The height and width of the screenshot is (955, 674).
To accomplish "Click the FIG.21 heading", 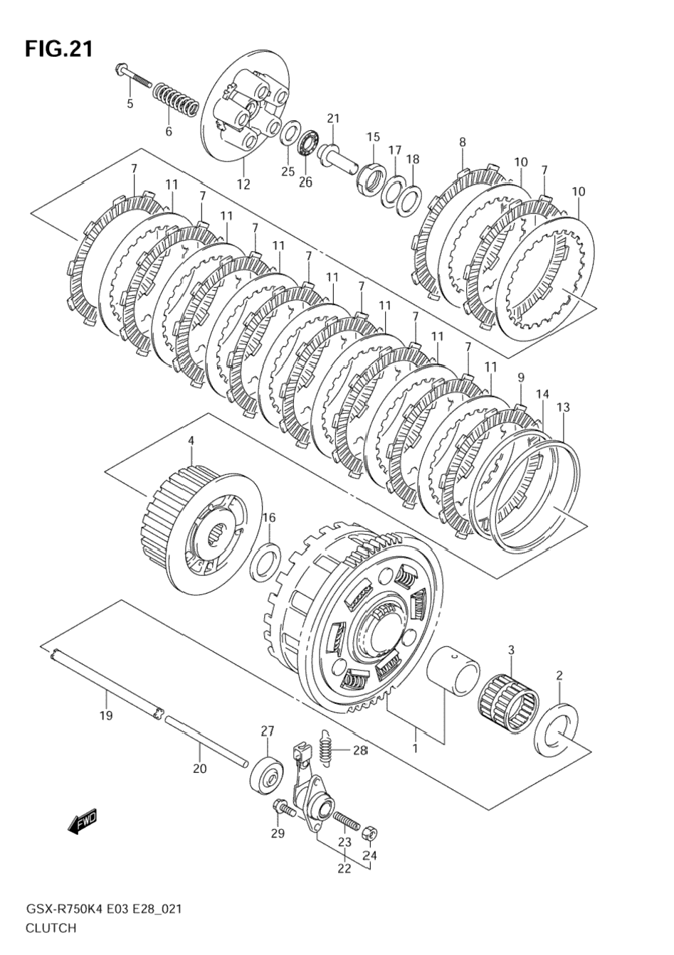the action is pyautogui.click(x=58, y=48).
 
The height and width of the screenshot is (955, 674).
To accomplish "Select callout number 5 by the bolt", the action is pyautogui.click(x=130, y=104).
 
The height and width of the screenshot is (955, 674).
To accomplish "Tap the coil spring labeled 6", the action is pyautogui.click(x=176, y=99).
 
